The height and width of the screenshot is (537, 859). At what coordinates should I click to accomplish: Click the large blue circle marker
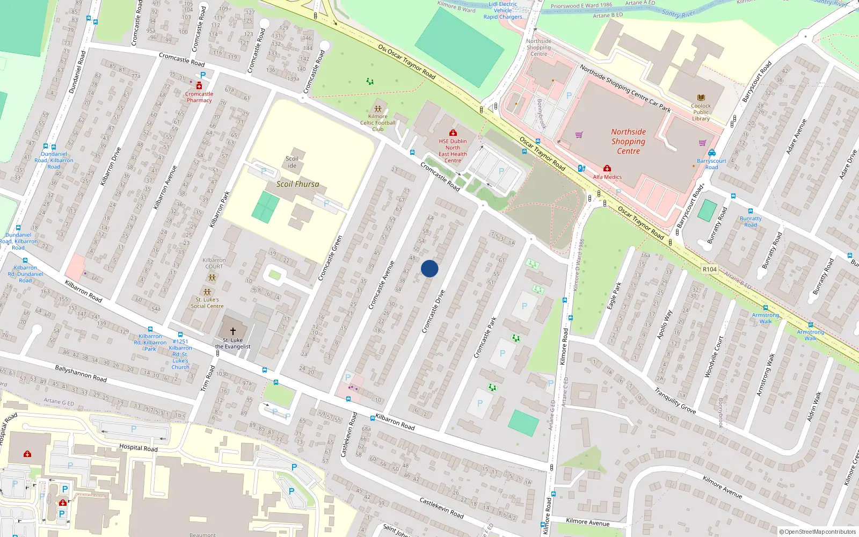429,268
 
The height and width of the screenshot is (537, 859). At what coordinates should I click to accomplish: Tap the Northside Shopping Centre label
628,141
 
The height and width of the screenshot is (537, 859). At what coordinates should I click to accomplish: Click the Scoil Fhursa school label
297,184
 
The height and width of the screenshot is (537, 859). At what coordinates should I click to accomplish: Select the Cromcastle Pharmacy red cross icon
199,86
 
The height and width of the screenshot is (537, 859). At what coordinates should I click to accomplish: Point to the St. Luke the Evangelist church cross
233,331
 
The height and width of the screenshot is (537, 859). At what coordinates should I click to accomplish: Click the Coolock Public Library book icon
701,98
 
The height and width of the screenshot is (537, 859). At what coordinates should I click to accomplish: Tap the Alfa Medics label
607,177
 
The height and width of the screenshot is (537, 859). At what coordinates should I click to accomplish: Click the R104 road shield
709,269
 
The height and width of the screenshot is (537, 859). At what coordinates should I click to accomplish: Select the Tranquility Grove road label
675,401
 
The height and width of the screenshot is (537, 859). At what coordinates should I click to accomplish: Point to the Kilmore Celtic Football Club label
378,122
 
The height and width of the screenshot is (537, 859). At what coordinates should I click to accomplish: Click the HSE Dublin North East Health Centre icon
453,133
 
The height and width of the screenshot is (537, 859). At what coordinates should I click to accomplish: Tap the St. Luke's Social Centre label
207,303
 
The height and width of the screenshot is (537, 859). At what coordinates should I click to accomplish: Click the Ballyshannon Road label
81,373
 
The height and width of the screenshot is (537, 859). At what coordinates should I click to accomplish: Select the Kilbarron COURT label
214,263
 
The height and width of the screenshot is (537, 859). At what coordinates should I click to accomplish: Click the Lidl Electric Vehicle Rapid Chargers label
503,10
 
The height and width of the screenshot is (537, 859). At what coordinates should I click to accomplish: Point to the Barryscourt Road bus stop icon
712,153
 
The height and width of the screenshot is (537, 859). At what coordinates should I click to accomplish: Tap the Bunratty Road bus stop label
751,221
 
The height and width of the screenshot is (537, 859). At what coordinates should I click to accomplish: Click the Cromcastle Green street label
330,258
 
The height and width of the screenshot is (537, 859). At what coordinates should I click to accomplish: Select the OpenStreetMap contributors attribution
817,532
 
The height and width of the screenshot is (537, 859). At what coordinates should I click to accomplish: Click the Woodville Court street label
714,357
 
